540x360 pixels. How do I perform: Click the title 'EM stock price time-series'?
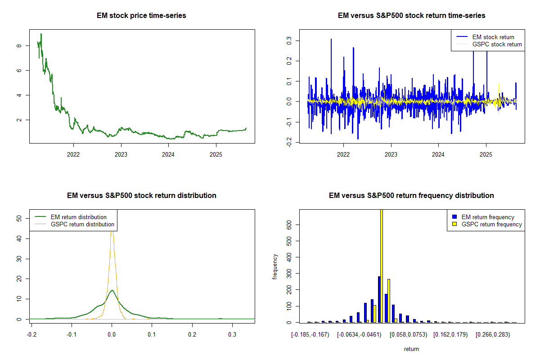coord(141,16)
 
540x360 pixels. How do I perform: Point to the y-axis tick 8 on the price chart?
coord(18,45)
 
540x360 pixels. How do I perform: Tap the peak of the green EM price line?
coord(41,34)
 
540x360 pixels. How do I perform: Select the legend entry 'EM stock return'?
coord(493,37)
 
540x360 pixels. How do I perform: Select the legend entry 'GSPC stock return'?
coord(497,44)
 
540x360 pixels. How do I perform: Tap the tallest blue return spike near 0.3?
coord(331,40)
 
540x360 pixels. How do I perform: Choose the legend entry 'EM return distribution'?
coord(79,217)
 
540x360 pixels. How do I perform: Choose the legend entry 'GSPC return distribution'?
coord(82,224)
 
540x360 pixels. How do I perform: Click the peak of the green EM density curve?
coord(112,291)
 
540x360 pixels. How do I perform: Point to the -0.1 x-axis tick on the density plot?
coord(71,335)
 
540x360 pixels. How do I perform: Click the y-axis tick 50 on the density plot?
coord(18,218)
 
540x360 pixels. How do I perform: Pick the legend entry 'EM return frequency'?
coord(488,217)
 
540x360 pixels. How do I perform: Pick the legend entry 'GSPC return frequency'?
coord(491,224)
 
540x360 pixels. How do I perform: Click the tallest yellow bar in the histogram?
coord(382,265)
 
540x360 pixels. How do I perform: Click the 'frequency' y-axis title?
coord(275,267)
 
